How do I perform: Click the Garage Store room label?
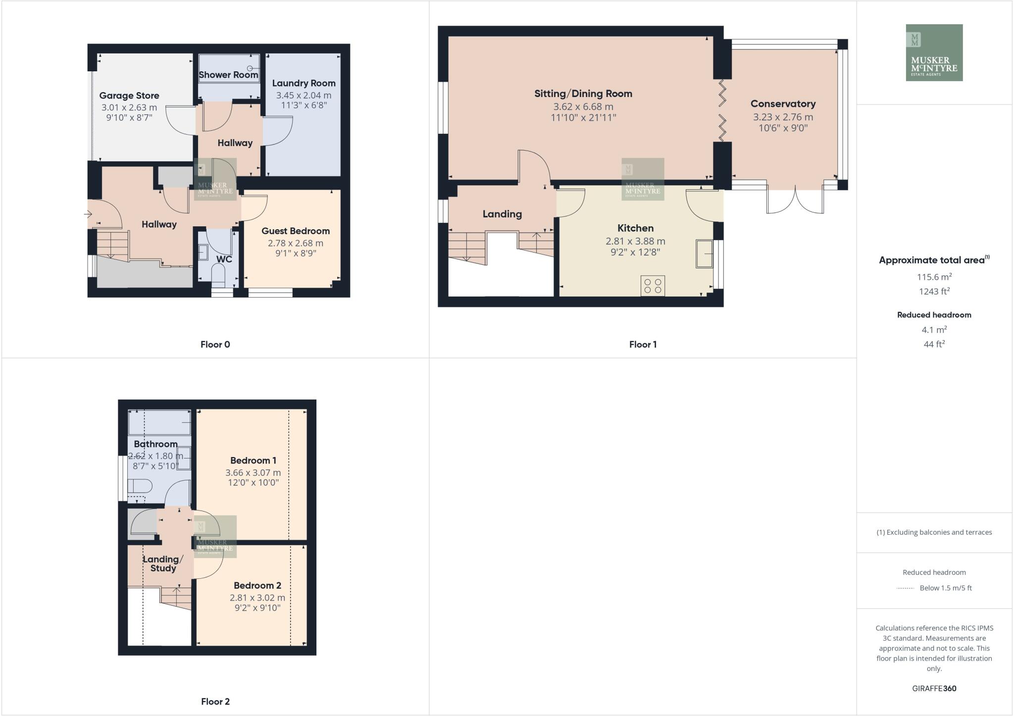[x=129, y=96]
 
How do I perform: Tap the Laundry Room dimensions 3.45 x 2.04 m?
[x=304, y=95]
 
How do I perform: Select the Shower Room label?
[x=228, y=75]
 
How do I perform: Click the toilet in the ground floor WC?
[x=218, y=274]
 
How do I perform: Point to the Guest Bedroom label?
[x=295, y=231]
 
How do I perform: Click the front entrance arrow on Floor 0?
[x=88, y=214]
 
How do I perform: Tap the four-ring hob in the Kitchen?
[x=653, y=286]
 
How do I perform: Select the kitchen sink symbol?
[x=705, y=254]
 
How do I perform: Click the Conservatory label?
[x=783, y=103]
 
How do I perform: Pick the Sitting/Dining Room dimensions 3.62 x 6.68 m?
[x=583, y=106]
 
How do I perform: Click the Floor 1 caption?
[x=642, y=344]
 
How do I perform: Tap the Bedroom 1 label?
[x=253, y=460]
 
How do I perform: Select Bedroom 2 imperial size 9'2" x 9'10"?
[x=257, y=608]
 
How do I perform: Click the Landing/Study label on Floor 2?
[x=163, y=563]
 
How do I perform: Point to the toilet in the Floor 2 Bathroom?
[x=139, y=486]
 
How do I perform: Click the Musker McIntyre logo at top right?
[x=934, y=52]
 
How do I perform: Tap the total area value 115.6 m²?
[x=934, y=277]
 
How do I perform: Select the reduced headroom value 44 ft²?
[x=934, y=344]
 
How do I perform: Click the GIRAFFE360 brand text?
[x=934, y=688]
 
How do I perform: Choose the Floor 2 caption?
[x=215, y=701]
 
